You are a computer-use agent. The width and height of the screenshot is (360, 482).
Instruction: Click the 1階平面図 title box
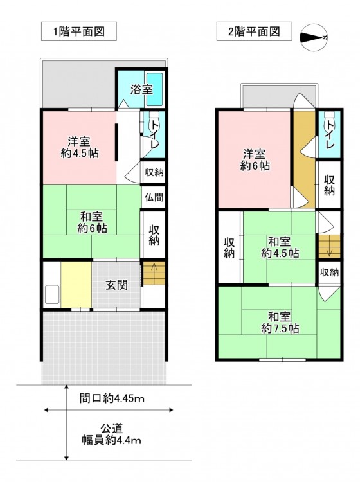(x=79, y=31)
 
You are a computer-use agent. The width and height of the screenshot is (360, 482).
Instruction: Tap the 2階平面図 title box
(x=254, y=31)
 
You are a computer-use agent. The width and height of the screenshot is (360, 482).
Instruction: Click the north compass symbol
(x=314, y=37)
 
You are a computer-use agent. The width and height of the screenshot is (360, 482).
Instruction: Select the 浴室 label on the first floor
(x=141, y=89)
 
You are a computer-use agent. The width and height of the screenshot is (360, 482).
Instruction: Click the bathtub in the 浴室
(x=155, y=89)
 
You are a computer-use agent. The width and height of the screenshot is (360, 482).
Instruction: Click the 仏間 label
(x=154, y=197)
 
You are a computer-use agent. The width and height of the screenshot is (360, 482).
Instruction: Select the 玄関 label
(x=116, y=285)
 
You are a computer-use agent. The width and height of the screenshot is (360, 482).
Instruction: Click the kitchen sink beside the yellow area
(x=52, y=294)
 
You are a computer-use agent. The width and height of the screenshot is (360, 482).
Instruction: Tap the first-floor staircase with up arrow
(x=154, y=273)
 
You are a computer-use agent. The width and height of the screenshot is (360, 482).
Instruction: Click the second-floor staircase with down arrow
(x=329, y=246)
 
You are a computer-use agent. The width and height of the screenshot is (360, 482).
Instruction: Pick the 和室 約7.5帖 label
(x=280, y=323)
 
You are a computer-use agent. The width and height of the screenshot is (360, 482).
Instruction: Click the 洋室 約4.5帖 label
(x=80, y=147)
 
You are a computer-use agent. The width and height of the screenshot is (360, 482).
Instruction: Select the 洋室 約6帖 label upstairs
(x=255, y=160)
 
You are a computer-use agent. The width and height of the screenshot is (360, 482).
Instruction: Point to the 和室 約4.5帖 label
(x=280, y=247)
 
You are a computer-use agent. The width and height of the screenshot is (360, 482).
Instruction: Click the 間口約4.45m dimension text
(x=112, y=398)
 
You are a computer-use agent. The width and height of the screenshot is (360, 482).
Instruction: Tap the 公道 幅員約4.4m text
(x=112, y=434)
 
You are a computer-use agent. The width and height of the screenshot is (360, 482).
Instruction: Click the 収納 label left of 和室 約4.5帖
(x=229, y=248)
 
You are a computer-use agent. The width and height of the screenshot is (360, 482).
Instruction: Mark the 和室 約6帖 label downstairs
(x=92, y=222)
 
